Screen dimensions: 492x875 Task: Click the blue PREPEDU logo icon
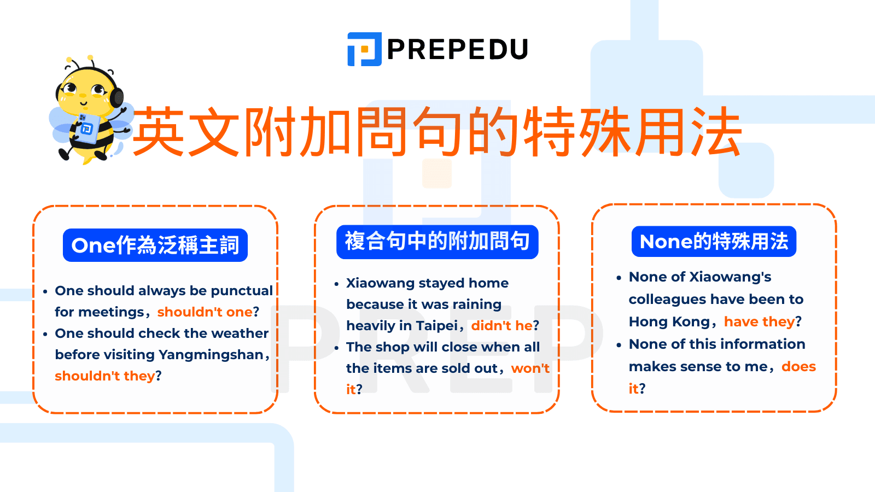click(x=364, y=49)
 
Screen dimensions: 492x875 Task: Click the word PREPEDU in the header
click(x=457, y=50)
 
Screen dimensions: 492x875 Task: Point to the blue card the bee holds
click(x=86, y=128)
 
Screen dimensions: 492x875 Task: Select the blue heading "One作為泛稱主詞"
click(x=155, y=245)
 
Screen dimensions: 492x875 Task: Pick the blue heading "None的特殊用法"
click(x=714, y=242)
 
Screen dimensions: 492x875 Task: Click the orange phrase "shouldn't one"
click(x=205, y=312)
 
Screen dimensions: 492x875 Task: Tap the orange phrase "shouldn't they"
click(x=105, y=376)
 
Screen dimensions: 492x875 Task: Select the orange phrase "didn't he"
click(x=501, y=326)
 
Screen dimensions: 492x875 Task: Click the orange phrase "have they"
click(x=759, y=322)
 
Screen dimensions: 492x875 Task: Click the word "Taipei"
click(x=436, y=326)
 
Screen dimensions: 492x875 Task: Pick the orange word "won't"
click(x=530, y=368)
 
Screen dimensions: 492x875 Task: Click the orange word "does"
click(x=798, y=367)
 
